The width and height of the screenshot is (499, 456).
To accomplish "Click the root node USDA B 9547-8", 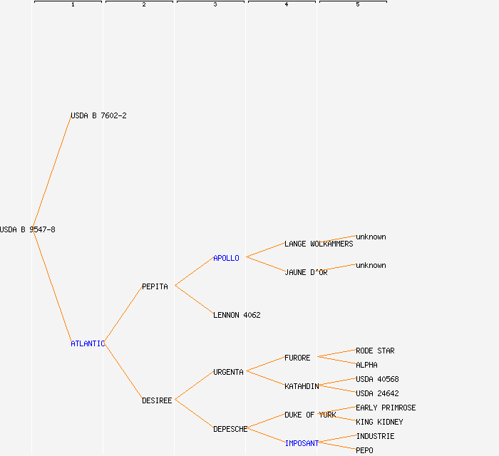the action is (x=28, y=229).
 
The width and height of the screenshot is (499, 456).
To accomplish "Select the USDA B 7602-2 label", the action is (x=98, y=115).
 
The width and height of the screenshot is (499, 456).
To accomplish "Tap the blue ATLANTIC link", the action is (x=88, y=343).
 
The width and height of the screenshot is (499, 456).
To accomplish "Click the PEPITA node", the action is (x=155, y=286).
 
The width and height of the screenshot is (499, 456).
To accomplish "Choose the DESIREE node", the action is (x=157, y=400).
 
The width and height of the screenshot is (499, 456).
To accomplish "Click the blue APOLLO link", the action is (x=226, y=258).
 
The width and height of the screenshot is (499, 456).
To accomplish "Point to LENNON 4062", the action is (x=237, y=315).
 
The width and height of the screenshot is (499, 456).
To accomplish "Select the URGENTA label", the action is (x=229, y=372).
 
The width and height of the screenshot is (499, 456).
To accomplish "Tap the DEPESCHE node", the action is (x=230, y=429).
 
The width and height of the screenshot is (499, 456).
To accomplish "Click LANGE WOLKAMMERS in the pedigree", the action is (x=319, y=244).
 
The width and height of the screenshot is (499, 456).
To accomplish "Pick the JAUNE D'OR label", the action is (x=306, y=272).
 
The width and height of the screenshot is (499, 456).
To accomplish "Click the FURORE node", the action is (x=297, y=358).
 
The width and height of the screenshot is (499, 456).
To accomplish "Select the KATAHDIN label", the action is (x=302, y=386).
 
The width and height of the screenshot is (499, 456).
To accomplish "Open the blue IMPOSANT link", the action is (x=302, y=443).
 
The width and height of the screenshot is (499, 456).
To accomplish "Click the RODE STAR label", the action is (x=375, y=351).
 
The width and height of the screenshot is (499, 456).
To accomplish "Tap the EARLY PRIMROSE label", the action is (x=386, y=408).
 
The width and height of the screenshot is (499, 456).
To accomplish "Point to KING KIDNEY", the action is (x=379, y=422).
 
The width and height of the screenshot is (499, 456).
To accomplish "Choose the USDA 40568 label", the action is (x=377, y=379).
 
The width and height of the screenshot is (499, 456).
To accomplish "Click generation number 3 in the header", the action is (x=215, y=4).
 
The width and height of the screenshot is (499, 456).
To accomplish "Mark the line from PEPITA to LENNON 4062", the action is (x=194, y=300).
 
